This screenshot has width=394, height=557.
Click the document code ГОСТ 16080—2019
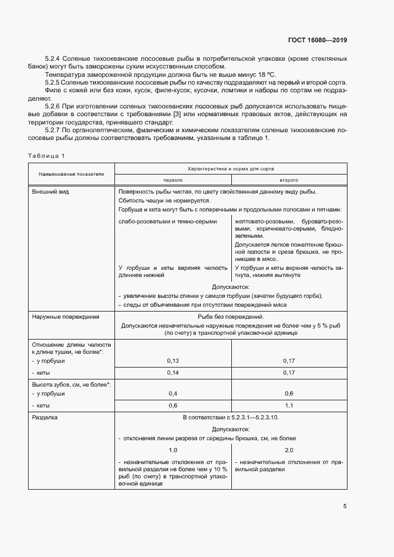[314, 41]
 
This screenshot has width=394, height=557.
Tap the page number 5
[345, 507]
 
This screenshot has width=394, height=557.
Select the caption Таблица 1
[46, 155]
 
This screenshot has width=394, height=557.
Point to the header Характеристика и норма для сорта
[230, 169]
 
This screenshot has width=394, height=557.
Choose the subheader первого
[172, 179]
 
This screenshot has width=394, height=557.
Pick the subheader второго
[288, 179]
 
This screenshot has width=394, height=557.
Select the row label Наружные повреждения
[65, 317]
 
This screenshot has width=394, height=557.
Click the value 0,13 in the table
[173, 361]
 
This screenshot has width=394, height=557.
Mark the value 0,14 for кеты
[173, 372]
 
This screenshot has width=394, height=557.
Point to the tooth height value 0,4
[173, 394]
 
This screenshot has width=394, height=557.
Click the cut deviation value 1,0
[173, 450]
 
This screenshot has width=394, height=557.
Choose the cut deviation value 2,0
[288, 450]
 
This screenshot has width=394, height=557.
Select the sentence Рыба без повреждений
[230, 317]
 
